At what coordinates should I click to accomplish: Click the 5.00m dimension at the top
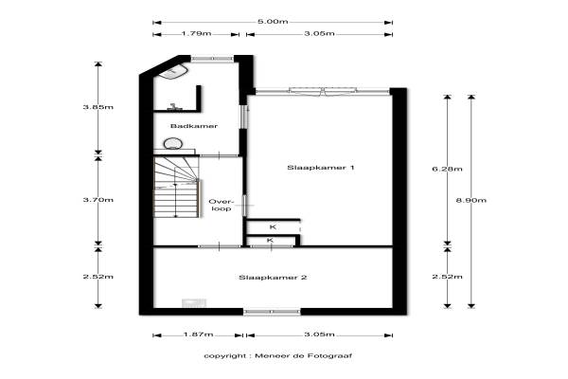click(x=273, y=22)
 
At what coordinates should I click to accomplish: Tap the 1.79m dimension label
click(x=196, y=34)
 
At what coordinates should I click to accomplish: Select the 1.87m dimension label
click(x=198, y=334)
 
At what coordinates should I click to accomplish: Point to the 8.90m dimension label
click(x=470, y=200)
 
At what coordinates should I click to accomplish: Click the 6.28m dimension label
click(x=447, y=169)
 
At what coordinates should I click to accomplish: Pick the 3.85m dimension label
click(x=98, y=107)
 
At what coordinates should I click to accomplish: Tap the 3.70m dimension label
click(x=98, y=200)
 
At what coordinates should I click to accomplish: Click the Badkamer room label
click(x=194, y=126)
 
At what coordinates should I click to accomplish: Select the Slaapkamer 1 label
click(x=321, y=168)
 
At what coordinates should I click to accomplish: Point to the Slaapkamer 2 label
click(x=273, y=278)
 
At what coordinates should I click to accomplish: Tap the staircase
click(x=176, y=187)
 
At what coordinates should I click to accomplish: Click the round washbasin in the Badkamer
click(x=172, y=144)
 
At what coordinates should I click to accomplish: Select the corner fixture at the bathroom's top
click(x=173, y=72)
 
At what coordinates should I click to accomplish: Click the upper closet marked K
click(x=273, y=227)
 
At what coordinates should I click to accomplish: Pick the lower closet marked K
click(x=270, y=241)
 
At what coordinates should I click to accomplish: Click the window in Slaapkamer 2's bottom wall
click(x=272, y=312)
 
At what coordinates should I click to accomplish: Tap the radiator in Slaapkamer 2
click(x=194, y=303)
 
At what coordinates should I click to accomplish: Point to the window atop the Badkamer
click(x=212, y=58)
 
